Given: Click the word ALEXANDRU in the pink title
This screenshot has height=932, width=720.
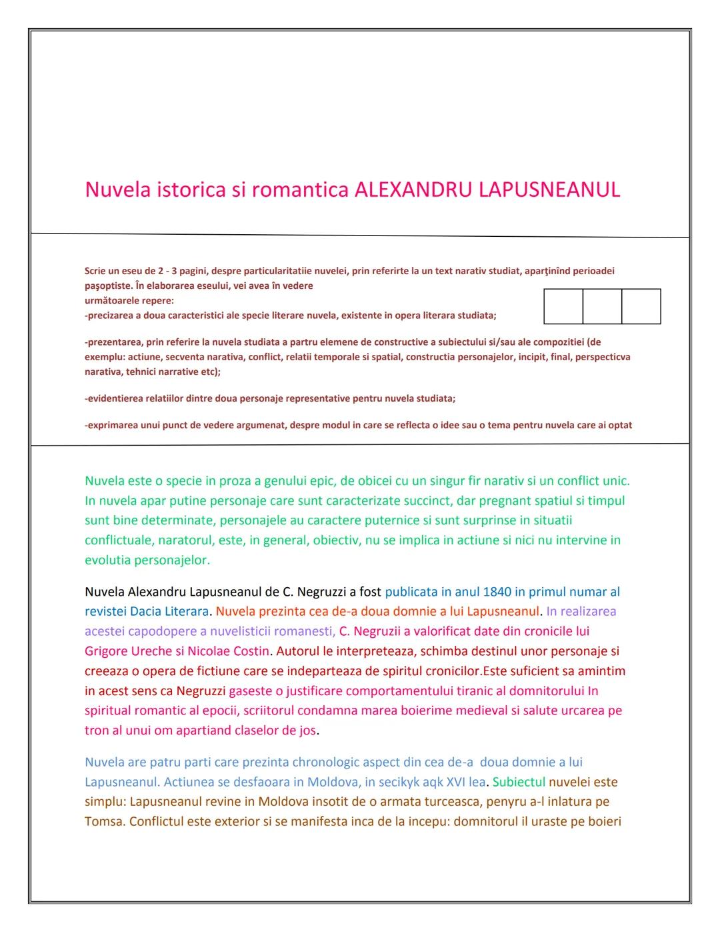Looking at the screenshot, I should click(x=413, y=190).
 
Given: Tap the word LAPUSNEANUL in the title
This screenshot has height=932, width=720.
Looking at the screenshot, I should click(x=549, y=190).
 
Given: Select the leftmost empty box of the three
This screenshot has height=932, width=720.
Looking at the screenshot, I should click(x=563, y=306).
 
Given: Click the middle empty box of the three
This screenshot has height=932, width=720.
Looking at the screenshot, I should click(x=602, y=306).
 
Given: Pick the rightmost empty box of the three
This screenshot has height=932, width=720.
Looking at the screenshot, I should click(x=641, y=306).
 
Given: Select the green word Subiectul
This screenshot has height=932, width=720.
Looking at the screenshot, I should click(x=519, y=782).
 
